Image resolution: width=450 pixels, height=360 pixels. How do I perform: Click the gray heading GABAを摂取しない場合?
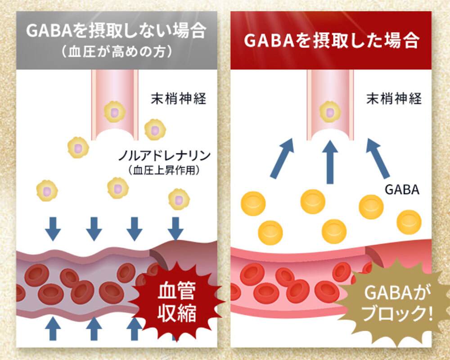(116, 31)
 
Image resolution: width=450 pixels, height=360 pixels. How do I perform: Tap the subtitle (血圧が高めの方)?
(117, 52)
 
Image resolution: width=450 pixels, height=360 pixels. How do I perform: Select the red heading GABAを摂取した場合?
(332, 40)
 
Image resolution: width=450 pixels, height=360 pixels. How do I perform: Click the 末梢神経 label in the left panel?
(179, 99)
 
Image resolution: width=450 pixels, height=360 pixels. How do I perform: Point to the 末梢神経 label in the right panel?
(394, 99)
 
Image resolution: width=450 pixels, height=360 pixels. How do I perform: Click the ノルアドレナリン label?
(164, 156)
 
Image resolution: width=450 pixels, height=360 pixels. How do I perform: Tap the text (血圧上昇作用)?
(164, 170)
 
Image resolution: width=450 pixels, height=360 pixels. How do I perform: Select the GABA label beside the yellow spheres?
(402, 189)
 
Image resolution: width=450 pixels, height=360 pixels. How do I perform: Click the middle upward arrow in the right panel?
(330, 162)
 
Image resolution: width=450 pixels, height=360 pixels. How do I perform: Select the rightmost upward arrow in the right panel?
(378, 158)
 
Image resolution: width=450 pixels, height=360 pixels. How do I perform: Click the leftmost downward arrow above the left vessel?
(53, 229)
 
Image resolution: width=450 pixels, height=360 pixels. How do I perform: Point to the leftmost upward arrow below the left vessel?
(53, 328)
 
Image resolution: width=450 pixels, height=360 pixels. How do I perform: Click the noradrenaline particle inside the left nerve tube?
(114, 112)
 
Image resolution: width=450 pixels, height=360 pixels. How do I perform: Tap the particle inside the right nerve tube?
(330, 112)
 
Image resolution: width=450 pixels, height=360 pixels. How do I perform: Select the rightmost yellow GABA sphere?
(409, 222)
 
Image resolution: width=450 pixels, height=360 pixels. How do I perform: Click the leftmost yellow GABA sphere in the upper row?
(253, 204)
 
